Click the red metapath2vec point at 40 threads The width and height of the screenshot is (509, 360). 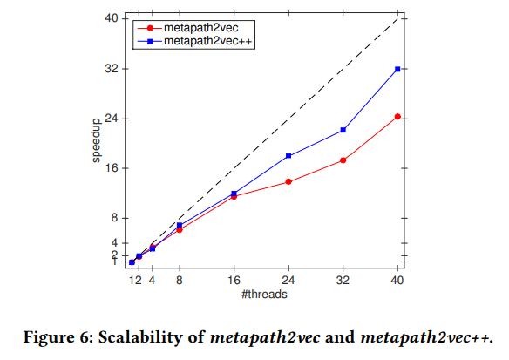click(397, 116)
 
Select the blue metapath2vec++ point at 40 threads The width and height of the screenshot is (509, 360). click(397, 69)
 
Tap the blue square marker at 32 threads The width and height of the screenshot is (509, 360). click(343, 130)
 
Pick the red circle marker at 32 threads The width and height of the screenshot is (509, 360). click(343, 160)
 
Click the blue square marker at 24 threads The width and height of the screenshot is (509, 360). click(288, 156)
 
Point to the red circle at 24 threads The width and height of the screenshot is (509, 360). click(288, 181)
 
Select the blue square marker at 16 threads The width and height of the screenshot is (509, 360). click(234, 194)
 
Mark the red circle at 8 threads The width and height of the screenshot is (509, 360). click(180, 229)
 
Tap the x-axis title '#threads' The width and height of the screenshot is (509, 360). click(264, 295)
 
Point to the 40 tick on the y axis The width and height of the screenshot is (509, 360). click(111, 18)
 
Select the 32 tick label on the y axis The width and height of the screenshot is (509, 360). click(111, 69)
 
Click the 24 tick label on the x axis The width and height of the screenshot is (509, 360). click(288, 281)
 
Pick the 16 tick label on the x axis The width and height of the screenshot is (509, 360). click(234, 281)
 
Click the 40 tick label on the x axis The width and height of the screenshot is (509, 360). click(397, 281)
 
